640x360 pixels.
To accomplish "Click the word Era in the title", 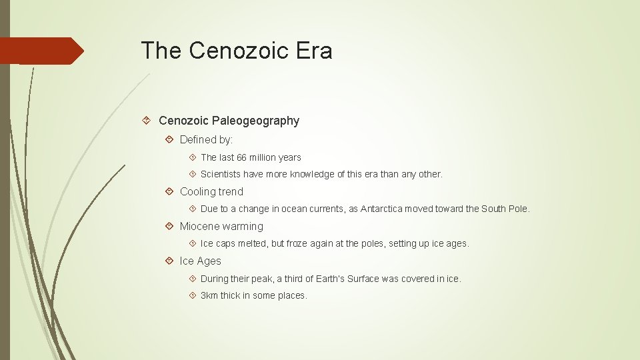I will pos(316,51).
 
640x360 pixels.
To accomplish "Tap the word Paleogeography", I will pos(257,121).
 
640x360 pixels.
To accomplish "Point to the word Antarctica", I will pos(387,209).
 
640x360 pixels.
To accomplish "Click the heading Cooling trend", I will pos(211,191).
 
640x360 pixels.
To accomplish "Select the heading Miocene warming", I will pos(221,226).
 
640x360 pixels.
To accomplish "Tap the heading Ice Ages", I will pos(200,261).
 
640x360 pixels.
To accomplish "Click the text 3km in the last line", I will pos(209,295).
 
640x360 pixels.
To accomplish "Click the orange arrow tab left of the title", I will pos(41,51).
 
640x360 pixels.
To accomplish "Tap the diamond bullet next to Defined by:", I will pos(169,139).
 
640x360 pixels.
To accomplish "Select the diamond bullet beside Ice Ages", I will pos(169,261).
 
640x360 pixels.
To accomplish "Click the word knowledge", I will pos(315,174).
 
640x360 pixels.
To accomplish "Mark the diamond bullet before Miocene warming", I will pos(169,226).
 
